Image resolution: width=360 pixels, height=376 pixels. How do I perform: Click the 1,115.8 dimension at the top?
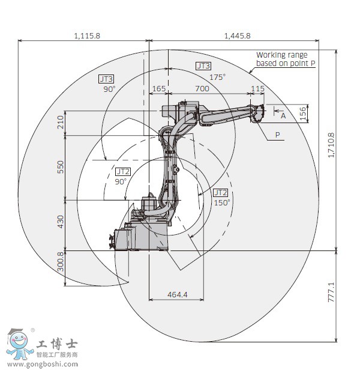coord(87,36)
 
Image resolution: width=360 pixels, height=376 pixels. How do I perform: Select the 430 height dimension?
coord(61,222)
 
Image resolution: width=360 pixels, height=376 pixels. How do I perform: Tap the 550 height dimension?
coord(61,167)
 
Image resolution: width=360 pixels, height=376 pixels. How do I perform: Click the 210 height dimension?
coord(61,123)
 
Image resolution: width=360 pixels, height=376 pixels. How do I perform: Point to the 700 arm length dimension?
coord(202,89)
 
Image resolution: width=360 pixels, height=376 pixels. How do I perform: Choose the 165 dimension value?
coord(158,89)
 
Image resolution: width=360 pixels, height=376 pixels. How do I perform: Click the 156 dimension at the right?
coord(303,112)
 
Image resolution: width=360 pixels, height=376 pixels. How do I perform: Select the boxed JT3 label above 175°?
coord(203,65)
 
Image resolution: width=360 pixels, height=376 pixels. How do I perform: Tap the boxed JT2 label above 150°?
coord(220,192)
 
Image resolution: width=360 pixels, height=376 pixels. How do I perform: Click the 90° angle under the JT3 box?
coord(109,89)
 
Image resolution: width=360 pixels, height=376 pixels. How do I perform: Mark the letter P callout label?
coord(278,135)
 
